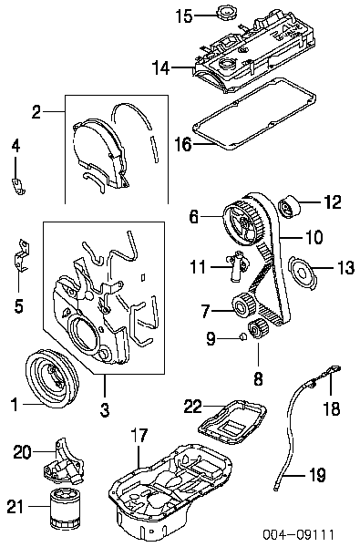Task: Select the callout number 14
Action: (x=160, y=67)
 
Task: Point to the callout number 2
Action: (x=36, y=112)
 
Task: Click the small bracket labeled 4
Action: (x=17, y=185)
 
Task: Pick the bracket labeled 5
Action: (x=22, y=257)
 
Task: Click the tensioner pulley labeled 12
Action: (x=289, y=208)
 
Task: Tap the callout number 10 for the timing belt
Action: (x=314, y=237)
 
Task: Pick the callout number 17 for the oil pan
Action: (x=139, y=435)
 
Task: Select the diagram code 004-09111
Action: (x=299, y=534)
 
